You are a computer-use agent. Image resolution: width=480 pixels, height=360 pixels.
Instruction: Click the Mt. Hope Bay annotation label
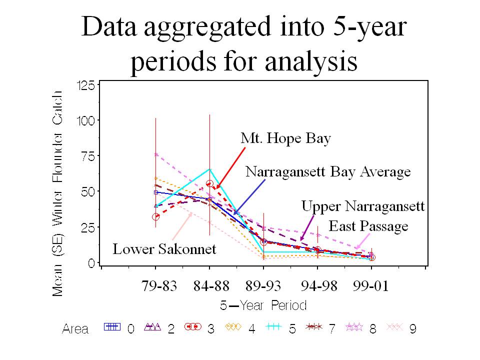[x=285, y=138]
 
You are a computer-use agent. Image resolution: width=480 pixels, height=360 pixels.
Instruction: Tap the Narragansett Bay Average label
[x=328, y=171]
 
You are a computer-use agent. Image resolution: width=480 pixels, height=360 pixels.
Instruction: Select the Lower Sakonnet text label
[x=164, y=249]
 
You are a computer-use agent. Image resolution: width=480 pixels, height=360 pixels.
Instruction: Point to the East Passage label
[x=368, y=226]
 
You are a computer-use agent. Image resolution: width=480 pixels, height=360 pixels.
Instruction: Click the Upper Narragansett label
[x=363, y=206]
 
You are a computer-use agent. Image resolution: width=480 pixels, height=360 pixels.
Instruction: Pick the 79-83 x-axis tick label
[x=159, y=286]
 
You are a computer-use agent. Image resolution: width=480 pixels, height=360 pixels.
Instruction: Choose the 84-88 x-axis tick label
[x=211, y=286]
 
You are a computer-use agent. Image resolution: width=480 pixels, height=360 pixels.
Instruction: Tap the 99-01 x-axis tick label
[x=370, y=286]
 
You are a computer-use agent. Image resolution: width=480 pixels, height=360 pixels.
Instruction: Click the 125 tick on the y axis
[x=86, y=85]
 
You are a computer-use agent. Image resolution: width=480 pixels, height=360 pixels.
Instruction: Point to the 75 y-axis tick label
[x=88, y=156]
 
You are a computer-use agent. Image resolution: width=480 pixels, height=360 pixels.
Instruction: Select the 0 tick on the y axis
[x=91, y=263]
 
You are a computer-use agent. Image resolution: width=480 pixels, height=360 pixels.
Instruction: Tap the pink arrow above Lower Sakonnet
[x=182, y=226]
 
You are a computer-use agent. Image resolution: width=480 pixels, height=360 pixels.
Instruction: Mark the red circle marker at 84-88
[x=209, y=183]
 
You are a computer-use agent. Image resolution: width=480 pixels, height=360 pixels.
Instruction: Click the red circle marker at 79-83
[x=155, y=217]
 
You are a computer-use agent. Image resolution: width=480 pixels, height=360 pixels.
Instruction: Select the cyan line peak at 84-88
[x=209, y=169]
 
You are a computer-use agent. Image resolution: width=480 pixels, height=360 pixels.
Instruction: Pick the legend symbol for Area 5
[x=273, y=327]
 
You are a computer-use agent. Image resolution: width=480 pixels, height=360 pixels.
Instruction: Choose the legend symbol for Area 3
[x=193, y=327]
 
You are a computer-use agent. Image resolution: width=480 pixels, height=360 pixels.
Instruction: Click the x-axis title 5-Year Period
[x=263, y=305]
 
